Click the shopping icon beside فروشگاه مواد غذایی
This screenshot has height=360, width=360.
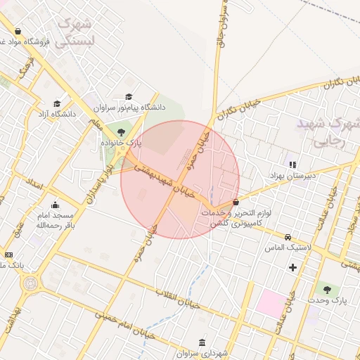click(18, 31)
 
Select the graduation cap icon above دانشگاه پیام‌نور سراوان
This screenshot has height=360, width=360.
click(129, 97)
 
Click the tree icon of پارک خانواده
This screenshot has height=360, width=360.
click(121, 131)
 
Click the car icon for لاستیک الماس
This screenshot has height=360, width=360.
click(288, 237)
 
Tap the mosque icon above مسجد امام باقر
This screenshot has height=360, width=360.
click(55, 205)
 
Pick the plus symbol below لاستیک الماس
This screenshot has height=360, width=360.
click(292, 267)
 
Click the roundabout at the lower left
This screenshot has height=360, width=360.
click(31, 284)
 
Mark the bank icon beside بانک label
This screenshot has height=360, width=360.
click(8, 255)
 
